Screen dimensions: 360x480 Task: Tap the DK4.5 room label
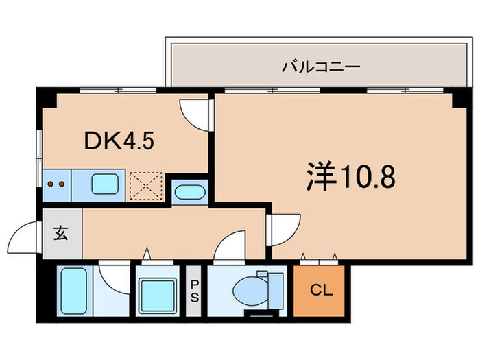pos(119,141)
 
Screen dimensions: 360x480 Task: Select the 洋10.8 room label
pos(350,178)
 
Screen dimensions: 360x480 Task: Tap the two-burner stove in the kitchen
pos(57,184)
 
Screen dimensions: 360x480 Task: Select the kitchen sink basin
pos(104,184)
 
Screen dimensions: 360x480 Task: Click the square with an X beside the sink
pos(145,184)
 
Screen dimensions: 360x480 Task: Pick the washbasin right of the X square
pos(187,193)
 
